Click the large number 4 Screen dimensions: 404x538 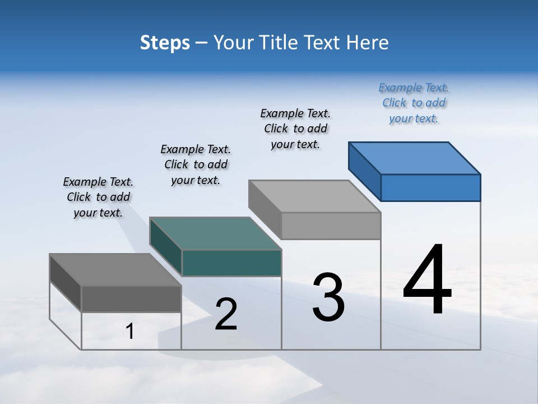pos(427,280)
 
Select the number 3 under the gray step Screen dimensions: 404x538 pos(328,297)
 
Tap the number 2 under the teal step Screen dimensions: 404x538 pos(226,314)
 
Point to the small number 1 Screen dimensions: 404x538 pos(130,332)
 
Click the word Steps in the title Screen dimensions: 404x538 pos(165,43)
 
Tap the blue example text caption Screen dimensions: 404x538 pos(414,103)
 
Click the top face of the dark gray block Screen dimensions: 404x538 pos(115,270)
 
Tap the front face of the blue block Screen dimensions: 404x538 pos(430,187)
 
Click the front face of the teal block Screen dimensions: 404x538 pos(231,263)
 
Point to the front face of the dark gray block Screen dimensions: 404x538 pos(131,299)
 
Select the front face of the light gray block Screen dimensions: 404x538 pos(331,226)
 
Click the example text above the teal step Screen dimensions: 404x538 pos(196,164)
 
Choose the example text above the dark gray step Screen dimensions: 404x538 pos(98,197)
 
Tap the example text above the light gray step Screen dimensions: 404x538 pos(295,128)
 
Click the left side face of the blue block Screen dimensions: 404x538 pos(364,171)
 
